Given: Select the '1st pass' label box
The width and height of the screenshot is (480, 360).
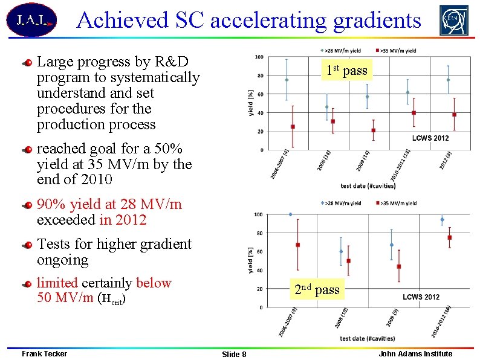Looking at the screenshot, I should click(x=347, y=71).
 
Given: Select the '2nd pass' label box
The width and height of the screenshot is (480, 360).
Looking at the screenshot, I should click(x=317, y=290).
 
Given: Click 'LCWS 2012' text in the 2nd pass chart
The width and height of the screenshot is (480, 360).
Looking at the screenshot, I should click(x=421, y=297).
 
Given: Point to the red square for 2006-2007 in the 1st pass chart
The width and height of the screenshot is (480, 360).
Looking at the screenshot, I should click(x=293, y=127).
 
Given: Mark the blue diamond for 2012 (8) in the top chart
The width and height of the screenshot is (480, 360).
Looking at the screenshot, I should click(x=448, y=80).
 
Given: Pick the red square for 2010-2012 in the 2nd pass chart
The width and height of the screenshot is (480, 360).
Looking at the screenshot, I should click(x=449, y=237).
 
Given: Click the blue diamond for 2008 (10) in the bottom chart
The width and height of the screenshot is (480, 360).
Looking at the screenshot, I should click(x=341, y=251).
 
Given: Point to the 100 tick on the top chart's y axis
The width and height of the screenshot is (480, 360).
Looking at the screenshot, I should click(x=259, y=57).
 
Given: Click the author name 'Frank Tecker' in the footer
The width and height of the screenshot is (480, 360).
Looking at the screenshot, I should click(x=44, y=353).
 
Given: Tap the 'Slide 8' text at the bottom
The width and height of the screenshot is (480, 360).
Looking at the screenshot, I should click(x=234, y=354).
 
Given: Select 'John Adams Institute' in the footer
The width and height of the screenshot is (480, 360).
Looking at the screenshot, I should click(x=415, y=353).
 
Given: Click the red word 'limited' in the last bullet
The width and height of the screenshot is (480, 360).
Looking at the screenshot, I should click(x=57, y=283).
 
